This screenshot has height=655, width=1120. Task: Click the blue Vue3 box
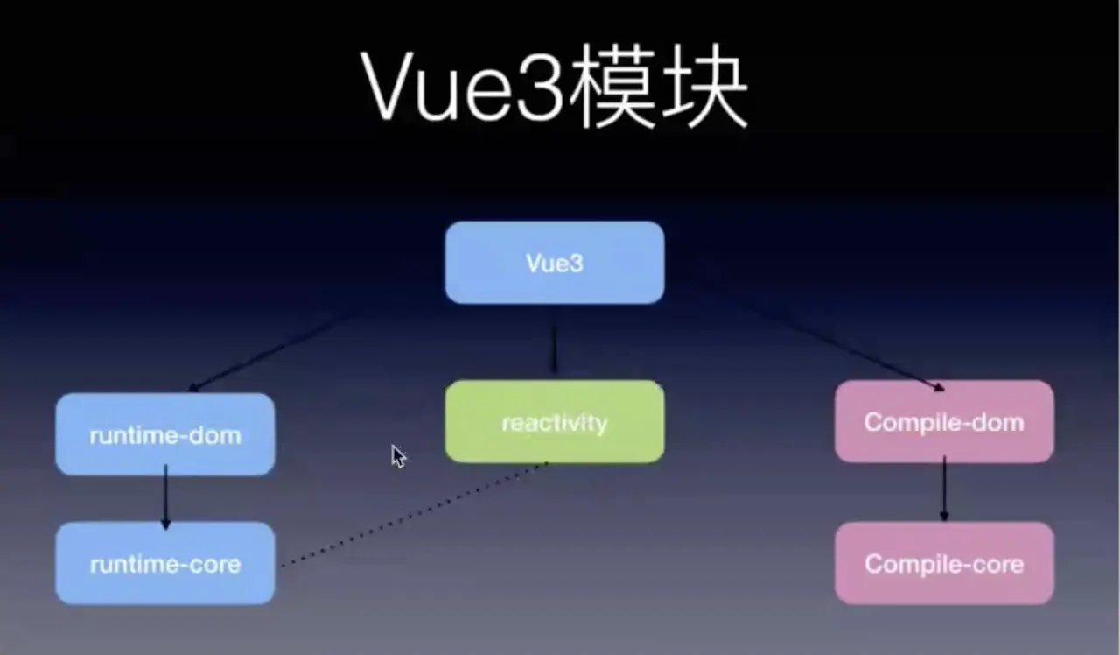click(555, 263)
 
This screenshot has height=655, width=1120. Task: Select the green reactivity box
click(555, 422)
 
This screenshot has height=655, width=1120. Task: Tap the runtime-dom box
click(165, 434)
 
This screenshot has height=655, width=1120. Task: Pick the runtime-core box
click(165, 563)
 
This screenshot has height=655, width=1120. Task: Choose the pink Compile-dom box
click(944, 421)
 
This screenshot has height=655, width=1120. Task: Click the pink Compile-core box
click(944, 563)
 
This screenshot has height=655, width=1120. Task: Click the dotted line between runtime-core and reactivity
click(411, 516)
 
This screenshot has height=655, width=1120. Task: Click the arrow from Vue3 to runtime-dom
click(271, 350)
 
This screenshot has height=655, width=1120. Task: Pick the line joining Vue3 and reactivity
click(554, 348)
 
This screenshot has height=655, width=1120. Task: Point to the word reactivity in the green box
click(555, 423)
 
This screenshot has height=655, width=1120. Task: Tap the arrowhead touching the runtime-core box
click(165, 524)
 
